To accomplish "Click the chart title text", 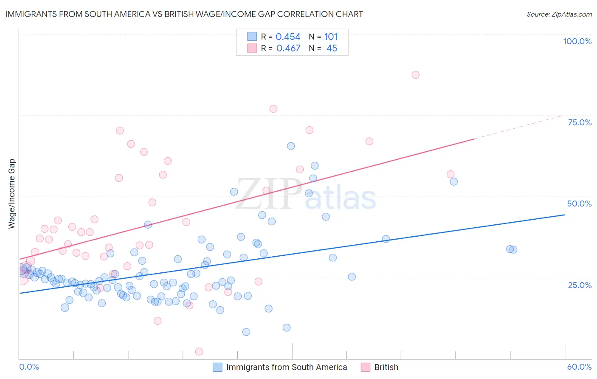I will pyautogui.click(x=184, y=14).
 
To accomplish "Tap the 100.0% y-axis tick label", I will pyautogui.click(x=577, y=41).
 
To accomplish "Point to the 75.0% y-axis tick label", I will pyautogui.click(x=580, y=122).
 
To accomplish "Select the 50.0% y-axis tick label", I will pyautogui.click(x=579, y=204).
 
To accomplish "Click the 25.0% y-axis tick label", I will pyautogui.click(x=580, y=285).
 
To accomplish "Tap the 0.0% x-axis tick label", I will pyautogui.click(x=29, y=367).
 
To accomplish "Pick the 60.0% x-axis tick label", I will pyautogui.click(x=579, y=367).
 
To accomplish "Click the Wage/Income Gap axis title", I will pyautogui.click(x=12, y=194).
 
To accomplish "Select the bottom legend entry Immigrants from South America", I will pyautogui.click(x=286, y=367).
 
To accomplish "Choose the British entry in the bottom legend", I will pyautogui.click(x=386, y=367).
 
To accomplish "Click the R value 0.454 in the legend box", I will pyautogui.click(x=288, y=37).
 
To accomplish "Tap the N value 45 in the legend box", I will pyautogui.click(x=332, y=48).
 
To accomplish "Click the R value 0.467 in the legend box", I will pyautogui.click(x=288, y=48).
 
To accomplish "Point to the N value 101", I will pyautogui.click(x=331, y=37).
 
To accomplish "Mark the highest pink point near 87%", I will pyautogui.click(x=415, y=75).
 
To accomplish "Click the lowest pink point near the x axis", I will pyautogui.click(x=199, y=351).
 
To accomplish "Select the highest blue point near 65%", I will pyautogui.click(x=291, y=146).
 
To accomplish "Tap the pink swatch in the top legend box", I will pyautogui.click(x=252, y=48).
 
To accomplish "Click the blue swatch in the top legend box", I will pyautogui.click(x=252, y=37).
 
